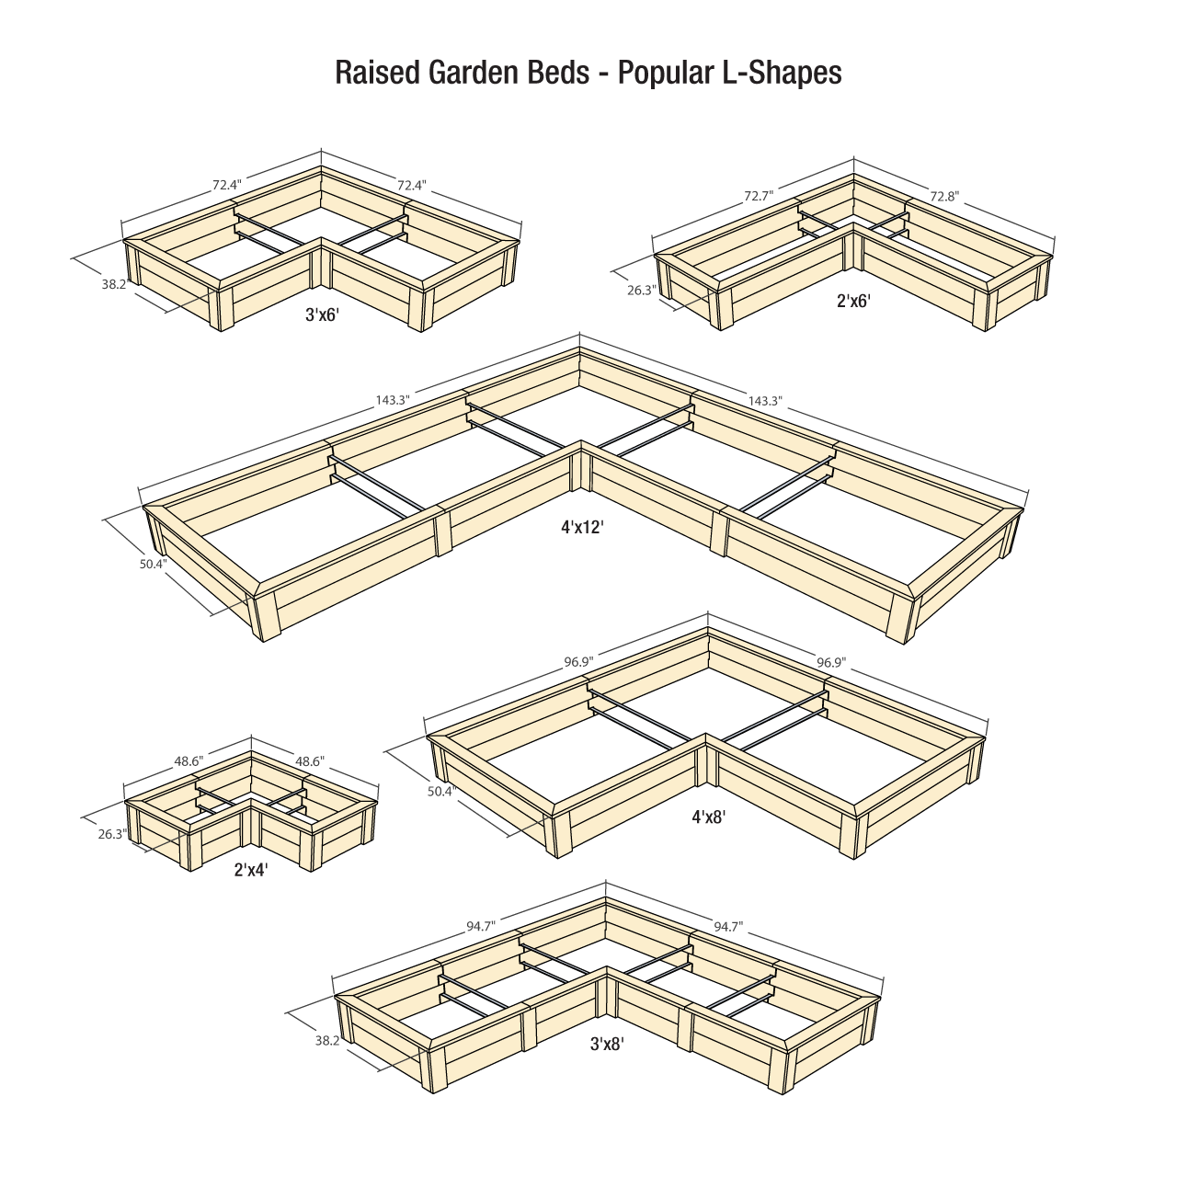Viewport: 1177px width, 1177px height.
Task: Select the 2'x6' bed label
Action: (853, 300)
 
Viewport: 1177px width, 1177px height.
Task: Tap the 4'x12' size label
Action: (581, 527)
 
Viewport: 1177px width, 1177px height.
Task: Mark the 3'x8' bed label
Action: (607, 1044)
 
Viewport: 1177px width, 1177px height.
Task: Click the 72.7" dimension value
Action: (759, 196)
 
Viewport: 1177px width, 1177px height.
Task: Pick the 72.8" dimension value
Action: (944, 196)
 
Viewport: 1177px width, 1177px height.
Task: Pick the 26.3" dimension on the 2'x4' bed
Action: (112, 834)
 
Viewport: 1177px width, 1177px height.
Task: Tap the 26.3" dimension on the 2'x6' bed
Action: (641, 291)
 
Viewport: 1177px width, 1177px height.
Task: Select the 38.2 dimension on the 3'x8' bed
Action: (327, 1040)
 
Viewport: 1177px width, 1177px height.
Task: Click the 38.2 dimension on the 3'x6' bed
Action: (114, 285)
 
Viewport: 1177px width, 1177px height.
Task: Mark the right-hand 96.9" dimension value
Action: (831, 662)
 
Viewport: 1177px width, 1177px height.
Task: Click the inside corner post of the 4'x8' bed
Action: (706, 763)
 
